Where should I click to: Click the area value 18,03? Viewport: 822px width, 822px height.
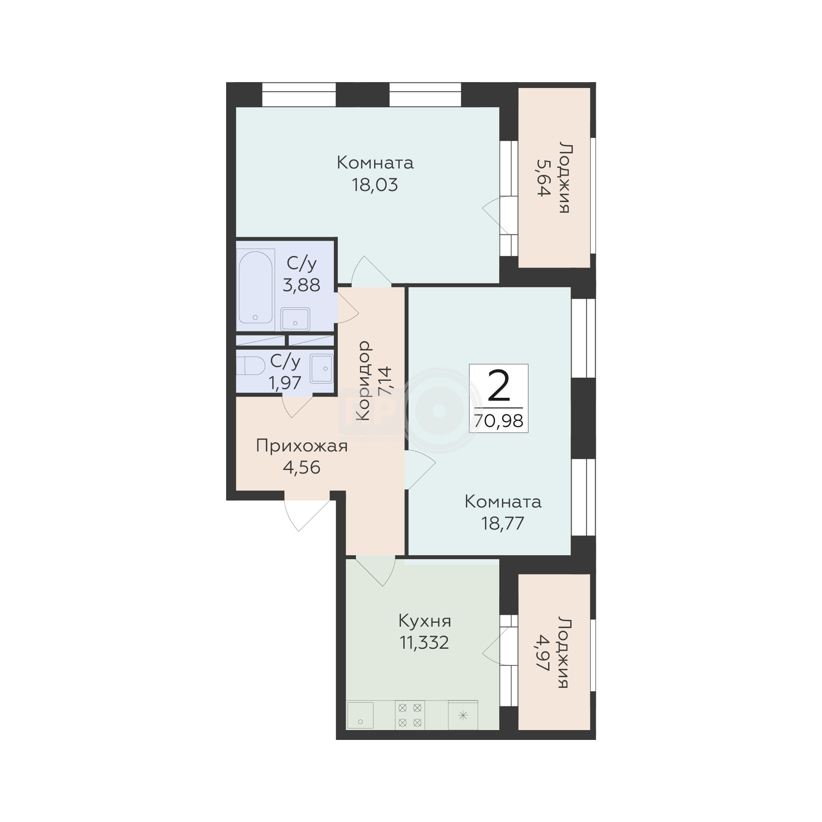pos(375,185)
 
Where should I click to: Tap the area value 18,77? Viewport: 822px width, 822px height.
pos(502,523)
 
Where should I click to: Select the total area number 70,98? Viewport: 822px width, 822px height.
pos(499,421)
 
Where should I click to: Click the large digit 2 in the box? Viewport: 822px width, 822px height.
pos(499,386)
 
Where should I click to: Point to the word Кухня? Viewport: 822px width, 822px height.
pos(425,621)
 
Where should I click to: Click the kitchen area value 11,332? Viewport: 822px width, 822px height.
pos(424,643)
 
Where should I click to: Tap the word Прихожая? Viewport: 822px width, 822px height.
pos(301,446)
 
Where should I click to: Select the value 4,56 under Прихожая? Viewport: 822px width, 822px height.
pos(301,468)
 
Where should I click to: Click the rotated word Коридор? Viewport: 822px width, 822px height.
pos(363,380)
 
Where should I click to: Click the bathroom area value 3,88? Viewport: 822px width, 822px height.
pos(301,285)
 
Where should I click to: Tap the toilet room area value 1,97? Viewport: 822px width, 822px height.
pos(285,383)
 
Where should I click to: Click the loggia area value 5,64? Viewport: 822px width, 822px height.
pos(544,178)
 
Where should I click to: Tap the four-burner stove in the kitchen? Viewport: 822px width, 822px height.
pos(410,715)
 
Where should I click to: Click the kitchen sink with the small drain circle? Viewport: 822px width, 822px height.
pos(360,715)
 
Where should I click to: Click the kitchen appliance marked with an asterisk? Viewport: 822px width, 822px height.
pos(463,715)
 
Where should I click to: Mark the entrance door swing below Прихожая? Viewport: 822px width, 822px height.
pos(307,515)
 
